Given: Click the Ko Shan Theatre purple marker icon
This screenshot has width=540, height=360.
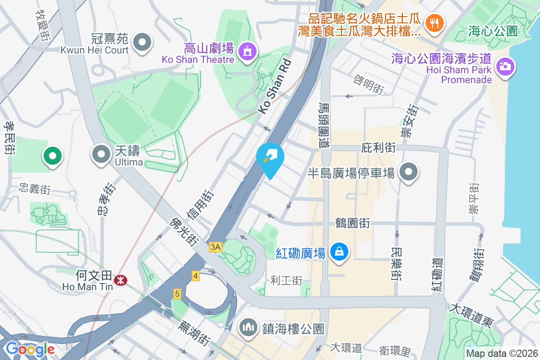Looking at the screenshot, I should click(247, 51).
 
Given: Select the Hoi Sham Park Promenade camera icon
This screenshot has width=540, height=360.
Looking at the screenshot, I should click(505, 67).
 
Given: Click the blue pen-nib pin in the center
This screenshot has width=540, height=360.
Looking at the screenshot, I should click(270, 157).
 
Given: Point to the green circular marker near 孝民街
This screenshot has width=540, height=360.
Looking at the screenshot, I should click(52, 156).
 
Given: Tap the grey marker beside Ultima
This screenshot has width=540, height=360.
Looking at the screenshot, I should click(102, 154).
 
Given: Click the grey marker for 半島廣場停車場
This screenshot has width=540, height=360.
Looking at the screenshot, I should click(409, 172).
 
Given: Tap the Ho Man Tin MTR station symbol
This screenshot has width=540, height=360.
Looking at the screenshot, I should click(120, 280).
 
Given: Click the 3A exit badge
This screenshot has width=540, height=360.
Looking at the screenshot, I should click(216, 247).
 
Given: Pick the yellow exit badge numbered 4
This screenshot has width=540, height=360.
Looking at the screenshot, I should click(195, 276).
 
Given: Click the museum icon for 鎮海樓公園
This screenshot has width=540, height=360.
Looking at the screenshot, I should click(248, 327).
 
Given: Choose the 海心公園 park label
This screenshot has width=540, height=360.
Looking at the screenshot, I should click(493, 31).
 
